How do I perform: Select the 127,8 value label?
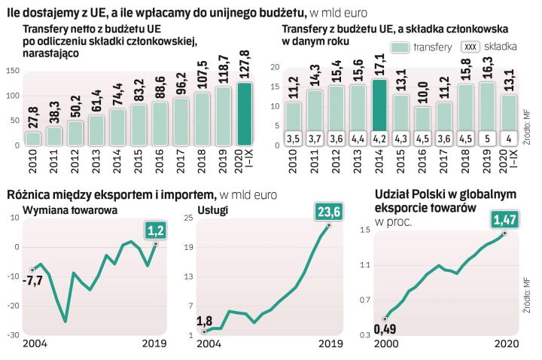point(245,66)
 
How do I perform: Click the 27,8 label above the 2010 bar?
point(32,117)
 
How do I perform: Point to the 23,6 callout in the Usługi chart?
point(328,212)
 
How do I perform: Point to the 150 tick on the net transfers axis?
point(11,72)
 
